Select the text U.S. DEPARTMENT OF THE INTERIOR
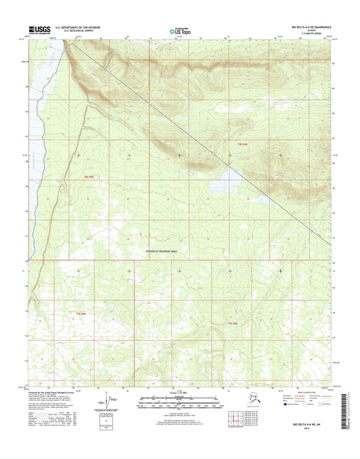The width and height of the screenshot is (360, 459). point(79,28)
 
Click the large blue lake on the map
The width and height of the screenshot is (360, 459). point(226,179)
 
